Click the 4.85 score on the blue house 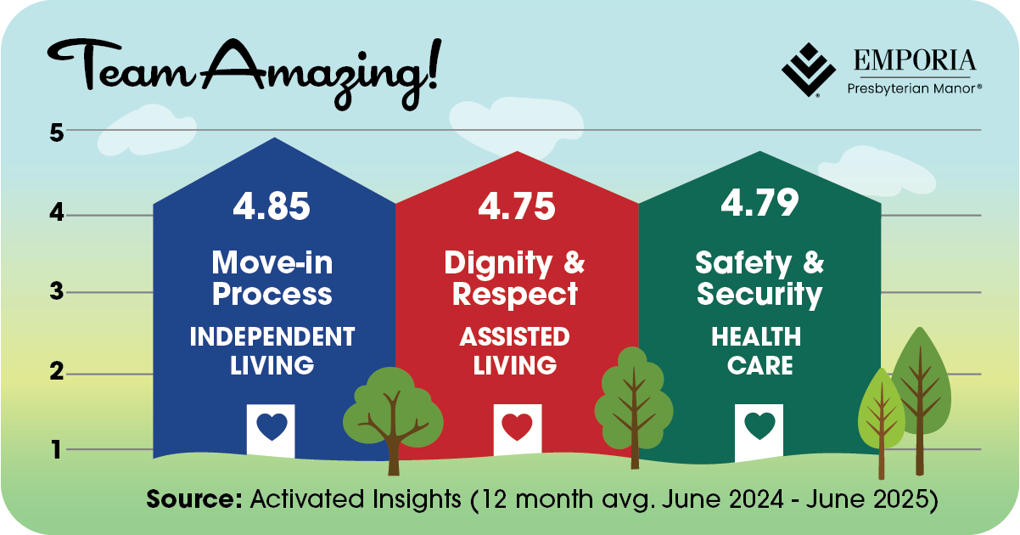(272, 206)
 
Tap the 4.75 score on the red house (517, 206)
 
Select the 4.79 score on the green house (759, 202)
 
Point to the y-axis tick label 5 (57, 133)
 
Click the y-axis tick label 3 (57, 291)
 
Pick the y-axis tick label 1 (57, 449)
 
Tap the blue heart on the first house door (272, 426)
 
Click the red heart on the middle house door (517, 426)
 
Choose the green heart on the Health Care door (759, 425)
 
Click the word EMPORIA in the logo (915, 60)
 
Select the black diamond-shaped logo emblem (809, 70)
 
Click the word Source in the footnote (194, 498)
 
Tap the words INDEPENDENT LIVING (272, 351)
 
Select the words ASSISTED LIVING (515, 351)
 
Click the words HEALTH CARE (757, 351)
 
